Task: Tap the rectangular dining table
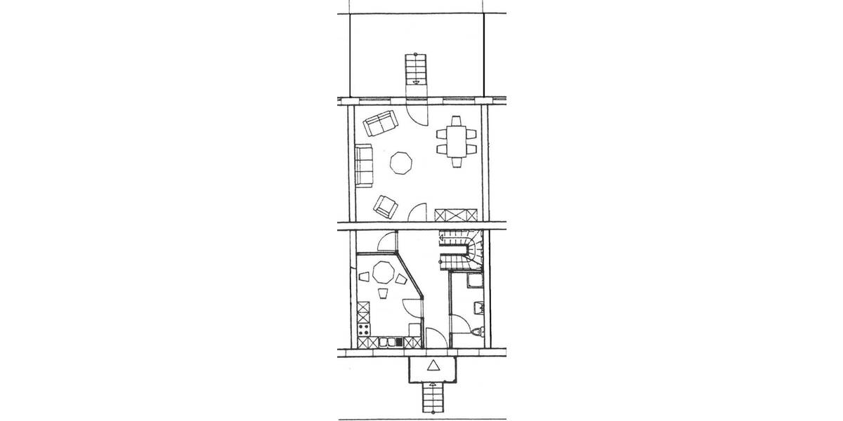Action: tap(457, 140)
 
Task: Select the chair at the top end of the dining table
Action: tap(457, 119)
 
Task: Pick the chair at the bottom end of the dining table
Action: tap(457, 162)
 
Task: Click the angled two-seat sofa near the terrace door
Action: tap(379, 124)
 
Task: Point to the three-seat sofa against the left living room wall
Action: tap(364, 166)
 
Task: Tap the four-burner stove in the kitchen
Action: tap(365, 330)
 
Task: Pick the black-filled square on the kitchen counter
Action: tap(398, 342)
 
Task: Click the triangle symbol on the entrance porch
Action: tap(433, 366)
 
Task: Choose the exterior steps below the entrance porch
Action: tap(431, 400)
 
